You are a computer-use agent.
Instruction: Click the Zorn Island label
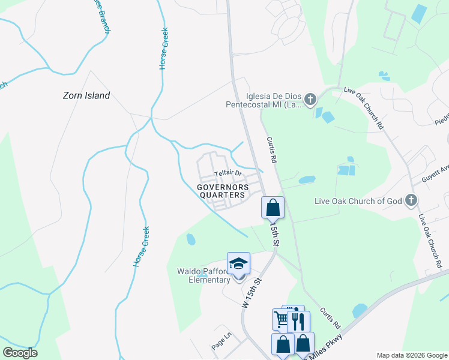(87, 95)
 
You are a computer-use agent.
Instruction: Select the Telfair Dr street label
(228, 175)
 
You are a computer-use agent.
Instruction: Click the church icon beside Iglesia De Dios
(310, 99)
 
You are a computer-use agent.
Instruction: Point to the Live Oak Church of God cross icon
(411, 200)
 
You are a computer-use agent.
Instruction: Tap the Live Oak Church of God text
(358, 201)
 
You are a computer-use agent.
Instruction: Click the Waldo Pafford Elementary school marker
(238, 264)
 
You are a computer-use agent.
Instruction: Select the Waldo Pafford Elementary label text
(203, 275)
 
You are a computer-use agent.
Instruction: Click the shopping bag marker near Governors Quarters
(273, 208)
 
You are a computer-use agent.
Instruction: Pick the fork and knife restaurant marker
(298, 321)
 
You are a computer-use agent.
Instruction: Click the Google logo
(20, 352)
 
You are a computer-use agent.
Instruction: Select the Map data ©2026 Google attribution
(411, 355)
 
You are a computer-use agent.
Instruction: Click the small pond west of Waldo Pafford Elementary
(191, 239)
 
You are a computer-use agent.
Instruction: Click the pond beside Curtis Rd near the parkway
(360, 310)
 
